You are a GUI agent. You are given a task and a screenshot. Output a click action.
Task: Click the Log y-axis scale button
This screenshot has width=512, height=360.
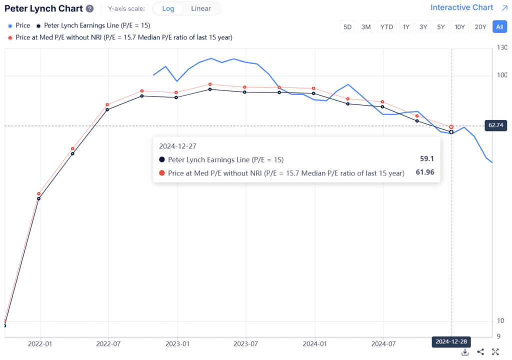[x=168, y=8]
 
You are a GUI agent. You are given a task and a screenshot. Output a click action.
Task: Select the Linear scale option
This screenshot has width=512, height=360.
[x=201, y=8]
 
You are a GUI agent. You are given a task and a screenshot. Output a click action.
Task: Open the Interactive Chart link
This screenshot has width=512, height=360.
[x=461, y=7]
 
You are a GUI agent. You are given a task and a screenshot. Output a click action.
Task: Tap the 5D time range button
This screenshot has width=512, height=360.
[x=347, y=27]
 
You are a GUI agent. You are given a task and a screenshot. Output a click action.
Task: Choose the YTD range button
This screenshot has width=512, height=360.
[x=386, y=27]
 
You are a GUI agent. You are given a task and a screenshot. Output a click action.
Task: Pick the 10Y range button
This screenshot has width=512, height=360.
[x=458, y=27]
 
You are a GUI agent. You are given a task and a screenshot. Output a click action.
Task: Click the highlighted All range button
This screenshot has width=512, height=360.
[x=499, y=27]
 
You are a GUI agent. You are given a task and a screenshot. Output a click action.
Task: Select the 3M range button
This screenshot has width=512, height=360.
[x=366, y=27]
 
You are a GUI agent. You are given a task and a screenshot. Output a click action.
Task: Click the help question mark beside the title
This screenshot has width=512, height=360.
[x=89, y=9]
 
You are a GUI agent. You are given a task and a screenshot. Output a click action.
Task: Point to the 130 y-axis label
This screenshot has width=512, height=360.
[x=500, y=48]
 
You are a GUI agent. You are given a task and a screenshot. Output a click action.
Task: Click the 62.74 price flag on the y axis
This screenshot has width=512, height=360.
[x=496, y=125]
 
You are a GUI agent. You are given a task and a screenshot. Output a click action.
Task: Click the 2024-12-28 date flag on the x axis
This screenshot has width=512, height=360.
[x=450, y=342]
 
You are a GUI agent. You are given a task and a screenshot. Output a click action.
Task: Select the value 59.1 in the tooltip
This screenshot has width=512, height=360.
[x=426, y=159]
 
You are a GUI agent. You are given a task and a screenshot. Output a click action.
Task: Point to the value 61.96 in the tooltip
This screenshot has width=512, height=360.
[x=424, y=173]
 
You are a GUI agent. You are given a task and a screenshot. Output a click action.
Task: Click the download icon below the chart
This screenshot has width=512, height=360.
[x=464, y=352]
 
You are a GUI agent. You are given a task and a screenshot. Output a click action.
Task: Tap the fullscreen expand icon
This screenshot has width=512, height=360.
[x=495, y=352]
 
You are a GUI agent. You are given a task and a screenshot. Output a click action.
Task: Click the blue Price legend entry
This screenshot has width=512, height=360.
[x=19, y=25]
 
